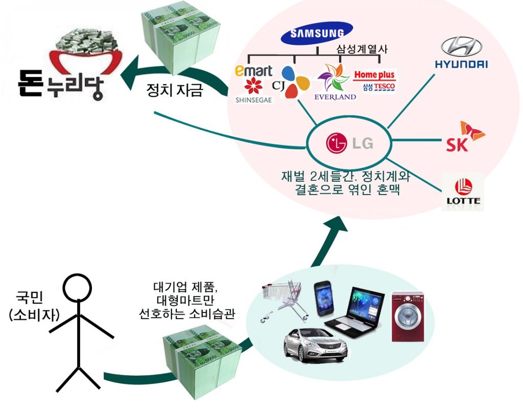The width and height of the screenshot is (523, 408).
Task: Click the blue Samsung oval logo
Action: click(317, 33)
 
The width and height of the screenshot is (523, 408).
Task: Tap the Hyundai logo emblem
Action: click(461, 46)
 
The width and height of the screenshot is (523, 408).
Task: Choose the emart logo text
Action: click(253, 70)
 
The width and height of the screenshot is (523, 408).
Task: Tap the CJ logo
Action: click(291, 82)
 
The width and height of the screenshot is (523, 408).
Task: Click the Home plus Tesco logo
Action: click(374, 81)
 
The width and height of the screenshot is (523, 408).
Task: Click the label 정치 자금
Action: click(175, 90)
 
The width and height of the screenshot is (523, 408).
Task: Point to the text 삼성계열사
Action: click(362, 50)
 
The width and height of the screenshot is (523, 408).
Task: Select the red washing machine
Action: click(408, 317)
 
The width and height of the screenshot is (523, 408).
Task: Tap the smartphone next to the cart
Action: click(323, 299)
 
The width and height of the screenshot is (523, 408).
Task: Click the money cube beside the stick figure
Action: click(202, 362)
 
